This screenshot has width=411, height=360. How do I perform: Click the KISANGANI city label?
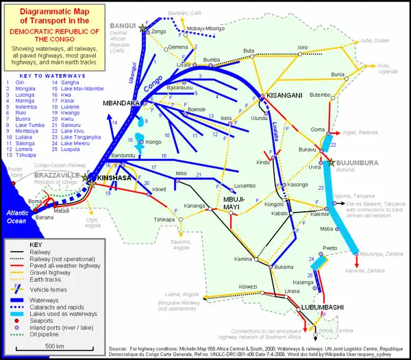coord(284,95)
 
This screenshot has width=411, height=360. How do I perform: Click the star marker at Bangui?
coord(142,27)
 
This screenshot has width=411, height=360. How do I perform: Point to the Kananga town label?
coord(194,205)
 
